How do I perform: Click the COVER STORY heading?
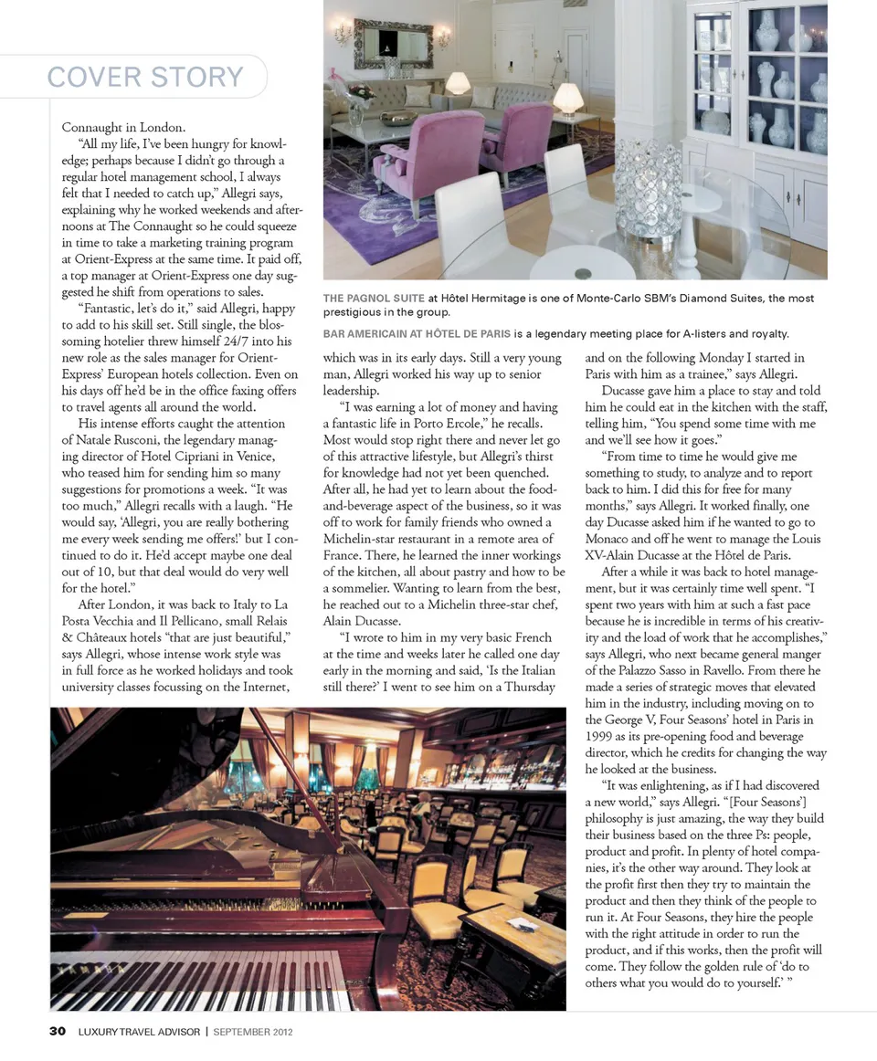pyautogui.click(x=145, y=77)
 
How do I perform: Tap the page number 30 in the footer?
pyautogui.click(x=58, y=1032)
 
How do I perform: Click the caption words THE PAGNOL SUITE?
pyautogui.click(x=374, y=299)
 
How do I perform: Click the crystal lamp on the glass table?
pyautogui.click(x=647, y=192)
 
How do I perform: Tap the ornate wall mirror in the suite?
pyautogui.click(x=393, y=43)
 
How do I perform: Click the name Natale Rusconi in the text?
pyautogui.click(x=123, y=440)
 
